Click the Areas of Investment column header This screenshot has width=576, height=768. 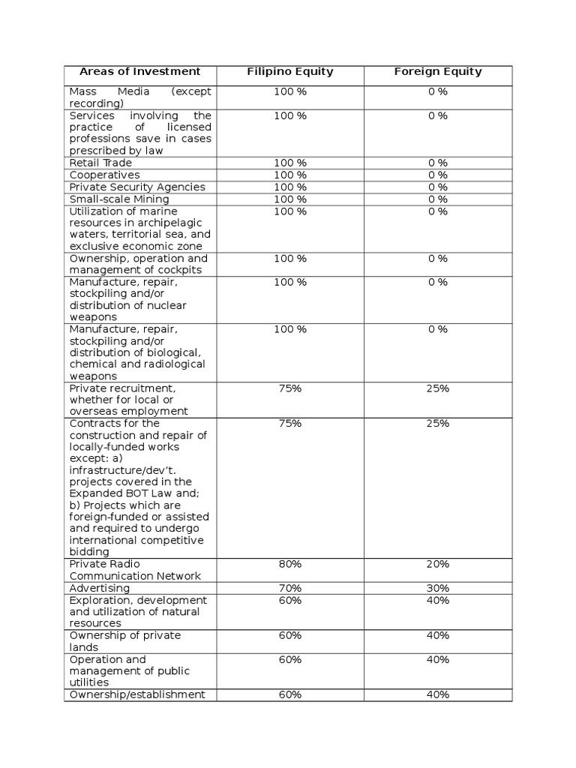[x=140, y=72]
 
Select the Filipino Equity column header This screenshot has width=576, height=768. [x=290, y=72]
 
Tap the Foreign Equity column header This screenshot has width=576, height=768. [x=438, y=72]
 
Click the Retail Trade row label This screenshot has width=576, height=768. [x=100, y=163]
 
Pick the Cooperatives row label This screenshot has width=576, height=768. [x=105, y=175]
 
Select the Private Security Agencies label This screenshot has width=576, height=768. [x=137, y=187]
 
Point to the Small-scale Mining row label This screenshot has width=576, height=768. [x=119, y=199]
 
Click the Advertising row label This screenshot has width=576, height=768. [x=100, y=588]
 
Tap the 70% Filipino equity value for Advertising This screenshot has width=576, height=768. [x=290, y=588]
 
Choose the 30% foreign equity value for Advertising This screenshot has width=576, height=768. [x=438, y=588]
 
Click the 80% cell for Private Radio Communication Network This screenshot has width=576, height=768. [x=290, y=564]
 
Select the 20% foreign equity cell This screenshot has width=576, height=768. [x=438, y=564]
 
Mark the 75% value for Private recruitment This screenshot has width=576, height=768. [x=290, y=388]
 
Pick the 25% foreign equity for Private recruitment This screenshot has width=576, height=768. [x=438, y=388]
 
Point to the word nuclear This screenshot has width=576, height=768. [x=166, y=305]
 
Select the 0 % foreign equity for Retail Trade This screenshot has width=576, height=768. [x=438, y=163]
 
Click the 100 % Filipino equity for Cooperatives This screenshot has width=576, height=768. [x=290, y=175]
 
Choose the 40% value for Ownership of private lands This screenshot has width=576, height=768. [x=438, y=635]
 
